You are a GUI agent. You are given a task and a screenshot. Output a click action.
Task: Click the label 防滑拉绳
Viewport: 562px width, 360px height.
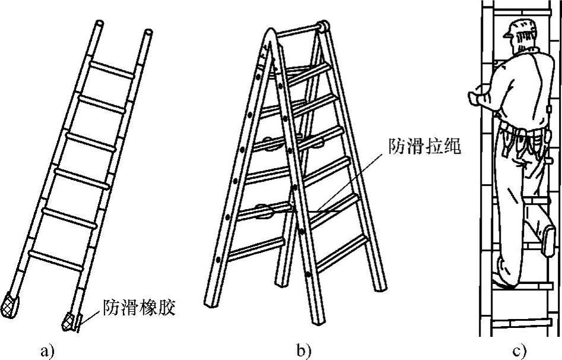[425, 146]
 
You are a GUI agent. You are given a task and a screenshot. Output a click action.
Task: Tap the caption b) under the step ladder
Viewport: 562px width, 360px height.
[304, 350]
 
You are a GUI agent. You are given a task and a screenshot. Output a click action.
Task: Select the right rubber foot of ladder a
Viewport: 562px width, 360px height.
[70, 321]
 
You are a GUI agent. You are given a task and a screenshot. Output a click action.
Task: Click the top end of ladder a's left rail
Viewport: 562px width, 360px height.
[98, 26]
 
